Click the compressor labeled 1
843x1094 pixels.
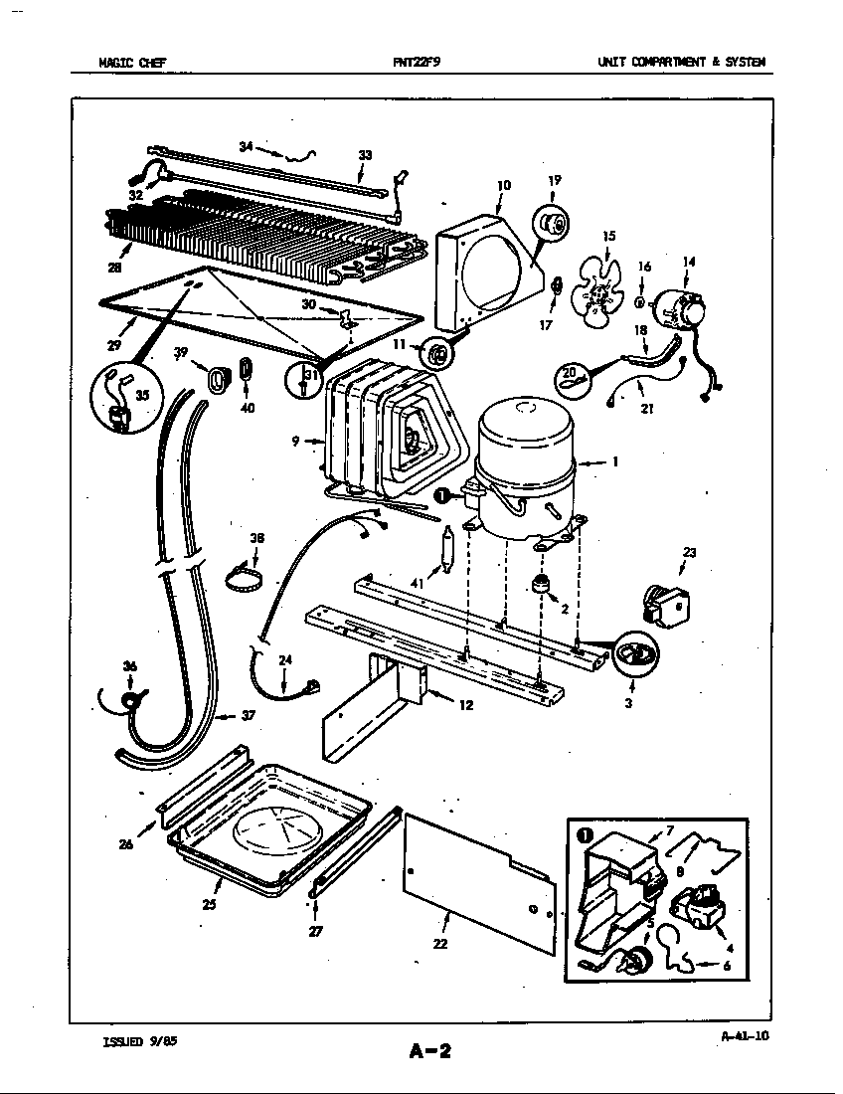(x=527, y=467)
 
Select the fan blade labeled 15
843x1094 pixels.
(x=599, y=288)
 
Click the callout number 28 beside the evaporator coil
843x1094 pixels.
(x=115, y=268)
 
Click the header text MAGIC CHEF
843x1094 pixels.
(x=132, y=62)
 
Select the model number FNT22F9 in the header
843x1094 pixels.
(x=417, y=62)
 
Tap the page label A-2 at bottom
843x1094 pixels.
(x=429, y=1050)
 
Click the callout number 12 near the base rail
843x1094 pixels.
(x=464, y=705)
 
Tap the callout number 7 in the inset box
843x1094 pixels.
(x=670, y=829)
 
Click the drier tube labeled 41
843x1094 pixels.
(x=447, y=550)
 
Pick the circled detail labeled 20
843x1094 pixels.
(x=572, y=378)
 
